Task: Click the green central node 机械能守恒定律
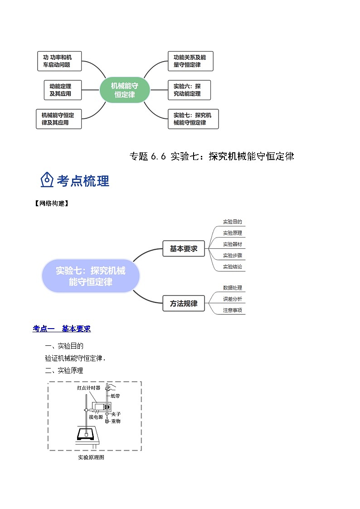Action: [x=125, y=90]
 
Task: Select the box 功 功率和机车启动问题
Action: [x=59, y=61]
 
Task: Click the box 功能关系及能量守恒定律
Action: [x=190, y=61]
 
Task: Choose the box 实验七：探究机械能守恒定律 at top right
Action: [x=192, y=119]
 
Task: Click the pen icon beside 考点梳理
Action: [x=47, y=180]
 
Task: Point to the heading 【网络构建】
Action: [x=51, y=204]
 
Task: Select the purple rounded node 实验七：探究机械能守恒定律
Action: [x=91, y=276]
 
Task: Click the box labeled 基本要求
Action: [x=184, y=248]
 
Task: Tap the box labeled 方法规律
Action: [x=184, y=304]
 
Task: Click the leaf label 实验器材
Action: [x=232, y=244]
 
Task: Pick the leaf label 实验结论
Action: [x=232, y=267]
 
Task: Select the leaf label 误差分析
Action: [x=232, y=299]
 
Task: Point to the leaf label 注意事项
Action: [x=232, y=310]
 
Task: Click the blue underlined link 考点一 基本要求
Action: [x=62, y=329]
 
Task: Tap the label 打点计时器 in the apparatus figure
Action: [x=88, y=388]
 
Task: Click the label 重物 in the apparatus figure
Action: [x=115, y=421]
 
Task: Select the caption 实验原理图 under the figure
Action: [x=91, y=457]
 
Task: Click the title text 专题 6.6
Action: [x=148, y=156]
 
